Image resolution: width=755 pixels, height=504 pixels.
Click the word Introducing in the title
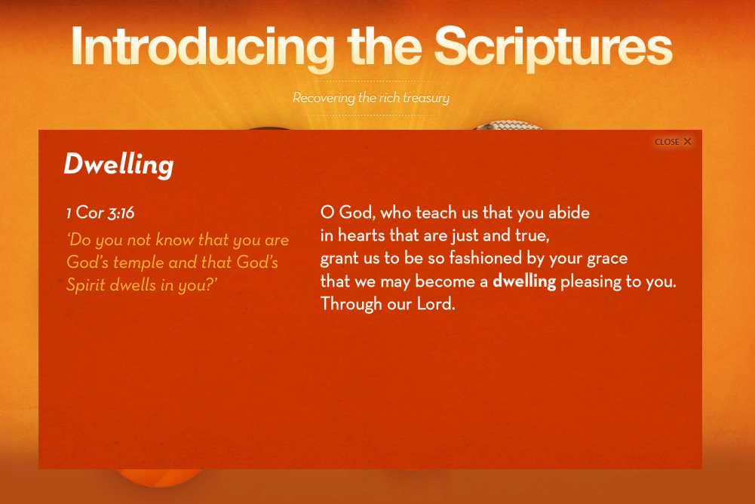click(x=203, y=47)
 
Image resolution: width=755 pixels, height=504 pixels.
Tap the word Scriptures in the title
click(x=554, y=47)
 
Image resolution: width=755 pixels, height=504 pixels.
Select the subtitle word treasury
click(x=426, y=98)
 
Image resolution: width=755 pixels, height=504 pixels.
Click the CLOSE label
click(x=667, y=142)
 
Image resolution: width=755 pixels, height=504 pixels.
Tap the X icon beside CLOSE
click(x=688, y=141)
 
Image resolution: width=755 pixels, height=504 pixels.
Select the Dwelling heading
click(x=119, y=164)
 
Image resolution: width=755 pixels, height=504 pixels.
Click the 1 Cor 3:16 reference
click(x=100, y=213)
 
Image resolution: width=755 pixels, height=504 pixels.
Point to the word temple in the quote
click(x=139, y=263)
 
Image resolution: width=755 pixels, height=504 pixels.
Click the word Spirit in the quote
click(x=86, y=284)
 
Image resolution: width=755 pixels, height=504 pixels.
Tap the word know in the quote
click(x=174, y=239)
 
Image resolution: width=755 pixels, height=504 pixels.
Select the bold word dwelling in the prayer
click(x=524, y=281)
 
